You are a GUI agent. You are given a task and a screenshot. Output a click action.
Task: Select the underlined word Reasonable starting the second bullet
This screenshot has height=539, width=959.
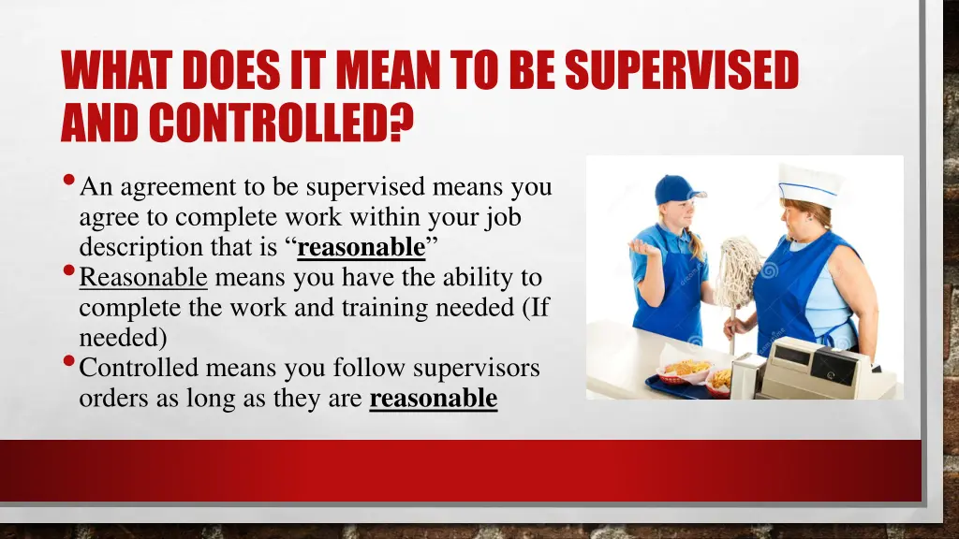(x=143, y=278)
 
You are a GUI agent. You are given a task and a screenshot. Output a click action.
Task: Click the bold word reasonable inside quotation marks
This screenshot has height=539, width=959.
(x=361, y=248)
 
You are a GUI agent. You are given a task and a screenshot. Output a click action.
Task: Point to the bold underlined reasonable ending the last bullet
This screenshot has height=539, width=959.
(x=434, y=399)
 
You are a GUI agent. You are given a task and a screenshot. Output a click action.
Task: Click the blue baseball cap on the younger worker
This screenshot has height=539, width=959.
(x=676, y=188)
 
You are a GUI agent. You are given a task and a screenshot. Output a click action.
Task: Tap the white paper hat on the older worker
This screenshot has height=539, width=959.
(x=808, y=184)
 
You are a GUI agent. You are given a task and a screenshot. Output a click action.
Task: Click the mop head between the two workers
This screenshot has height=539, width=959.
(x=739, y=270)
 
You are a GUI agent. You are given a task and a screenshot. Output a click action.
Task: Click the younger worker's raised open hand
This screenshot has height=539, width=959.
(x=644, y=246)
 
